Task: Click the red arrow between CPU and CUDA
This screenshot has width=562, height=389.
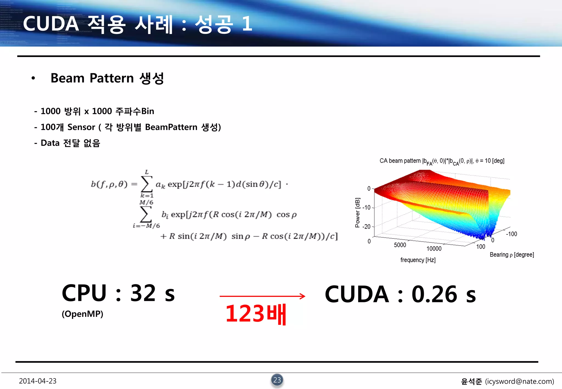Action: click(x=262, y=296)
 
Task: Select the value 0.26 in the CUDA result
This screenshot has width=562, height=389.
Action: click(x=434, y=294)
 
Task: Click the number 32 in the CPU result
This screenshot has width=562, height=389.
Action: click(x=143, y=293)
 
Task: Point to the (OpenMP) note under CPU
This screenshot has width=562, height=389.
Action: click(x=82, y=314)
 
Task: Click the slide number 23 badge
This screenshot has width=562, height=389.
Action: click(x=277, y=380)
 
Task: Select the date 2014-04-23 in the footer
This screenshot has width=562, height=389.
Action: click(x=38, y=381)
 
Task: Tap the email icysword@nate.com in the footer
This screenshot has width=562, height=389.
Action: click(x=519, y=381)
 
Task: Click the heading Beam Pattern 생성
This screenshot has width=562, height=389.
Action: click(x=107, y=78)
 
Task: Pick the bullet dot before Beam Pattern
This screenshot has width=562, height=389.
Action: click(x=33, y=78)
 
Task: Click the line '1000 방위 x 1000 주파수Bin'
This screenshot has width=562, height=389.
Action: click(x=97, y=111)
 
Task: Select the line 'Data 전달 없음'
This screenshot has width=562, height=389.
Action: click(x=70, y=143)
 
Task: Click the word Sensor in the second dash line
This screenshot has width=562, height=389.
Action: click(x=81, y=127)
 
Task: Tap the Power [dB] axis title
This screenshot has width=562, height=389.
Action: click(x=357, y=213)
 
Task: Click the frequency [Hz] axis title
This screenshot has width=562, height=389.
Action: click(x=418, y=260)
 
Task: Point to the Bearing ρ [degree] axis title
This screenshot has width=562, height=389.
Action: click(x=512, y=255)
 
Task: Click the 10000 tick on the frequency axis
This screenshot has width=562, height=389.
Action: click(x=434, y=249)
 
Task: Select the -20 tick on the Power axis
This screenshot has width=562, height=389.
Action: click(x=366, y=227)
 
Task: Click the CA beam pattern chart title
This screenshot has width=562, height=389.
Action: click(x=442, y=161)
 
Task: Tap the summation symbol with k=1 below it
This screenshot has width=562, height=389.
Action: click(x=147, y=184)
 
